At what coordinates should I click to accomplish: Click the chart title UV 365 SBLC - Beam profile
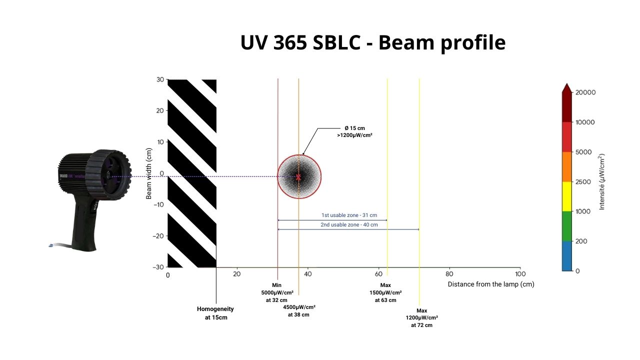(372, 43)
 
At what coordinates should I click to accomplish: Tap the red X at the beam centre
(298, 177)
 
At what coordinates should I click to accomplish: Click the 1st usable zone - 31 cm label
(349, 215)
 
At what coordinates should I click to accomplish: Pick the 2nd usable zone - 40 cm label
(349, 224)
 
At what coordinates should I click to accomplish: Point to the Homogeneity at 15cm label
(215, 313)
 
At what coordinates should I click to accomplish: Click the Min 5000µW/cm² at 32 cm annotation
(277, 292)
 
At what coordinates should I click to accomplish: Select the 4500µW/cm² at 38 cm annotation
(298, 310)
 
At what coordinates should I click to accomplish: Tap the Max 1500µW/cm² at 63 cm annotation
(385, 292)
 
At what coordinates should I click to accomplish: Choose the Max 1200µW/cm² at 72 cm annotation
(421, 317)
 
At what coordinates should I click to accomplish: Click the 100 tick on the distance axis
(520, 274)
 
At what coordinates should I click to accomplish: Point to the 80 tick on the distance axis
(449, 274)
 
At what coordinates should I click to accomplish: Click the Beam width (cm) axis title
(149, 173)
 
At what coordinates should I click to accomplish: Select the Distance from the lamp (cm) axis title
(490, 284)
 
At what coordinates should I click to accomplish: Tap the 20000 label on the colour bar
(586, 92)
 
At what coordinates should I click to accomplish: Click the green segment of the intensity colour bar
(566, 226)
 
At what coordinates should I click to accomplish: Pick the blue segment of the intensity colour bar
(566, 256)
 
